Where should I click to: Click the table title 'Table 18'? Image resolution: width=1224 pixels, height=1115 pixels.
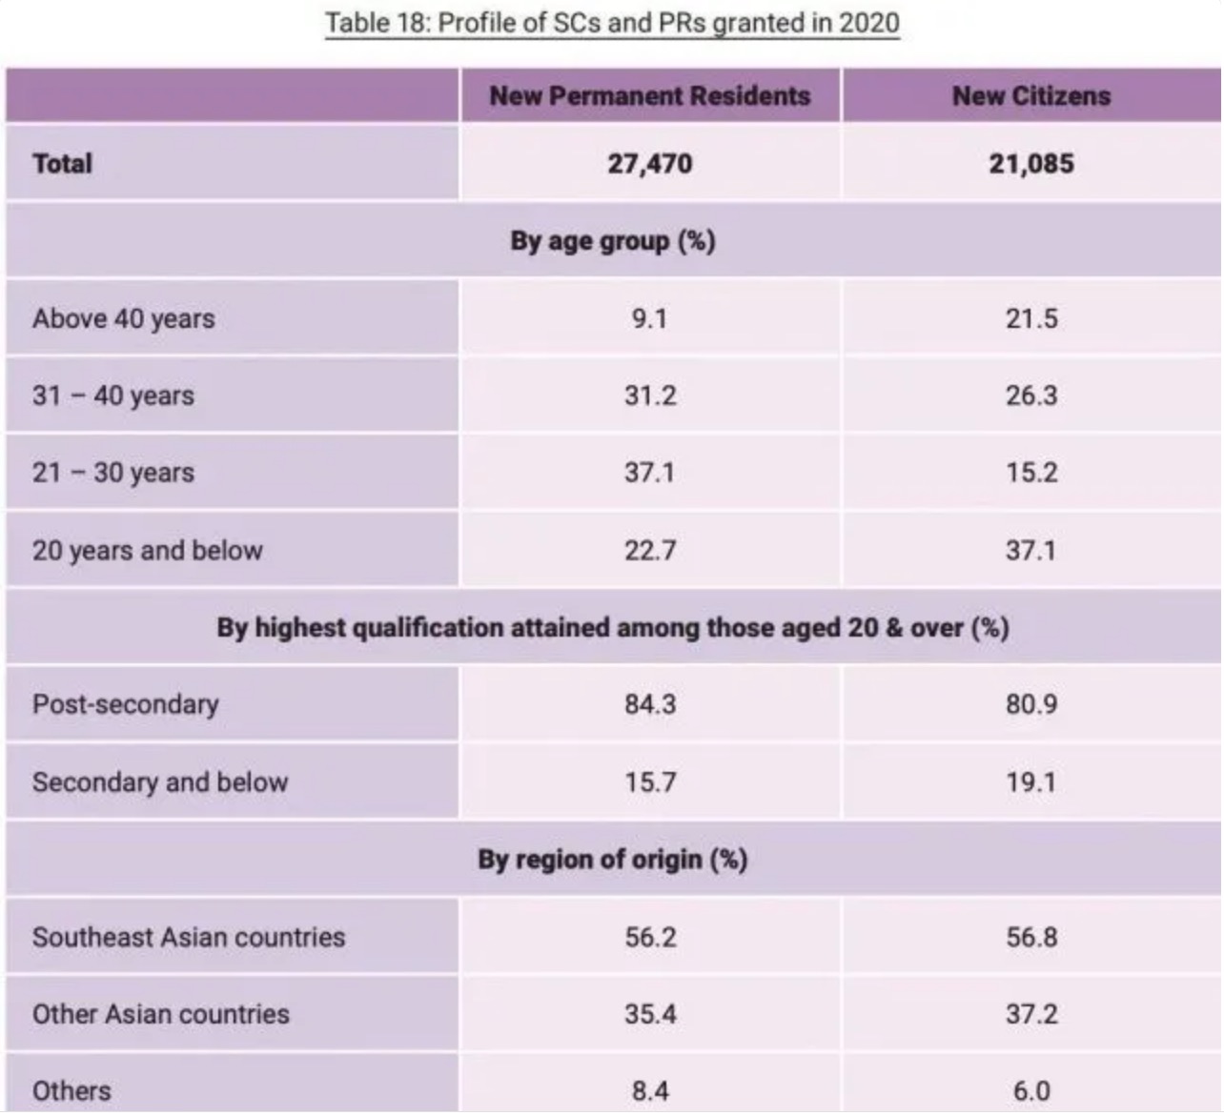(612, 23)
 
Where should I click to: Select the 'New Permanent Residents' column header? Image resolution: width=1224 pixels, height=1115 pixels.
(650, 96)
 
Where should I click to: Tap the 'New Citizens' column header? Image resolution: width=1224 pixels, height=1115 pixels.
(1031, 96)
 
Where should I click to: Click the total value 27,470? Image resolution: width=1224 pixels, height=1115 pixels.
(650, 164)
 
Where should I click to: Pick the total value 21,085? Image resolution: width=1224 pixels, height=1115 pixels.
(1031, 164)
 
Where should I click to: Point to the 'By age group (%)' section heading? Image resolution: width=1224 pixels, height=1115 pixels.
(612, 241)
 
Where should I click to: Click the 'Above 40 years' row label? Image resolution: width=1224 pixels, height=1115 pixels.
(124, 318)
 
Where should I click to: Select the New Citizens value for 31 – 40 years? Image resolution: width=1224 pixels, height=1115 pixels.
(1031, 395)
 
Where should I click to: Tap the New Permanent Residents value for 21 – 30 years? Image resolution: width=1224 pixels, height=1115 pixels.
(650, 473)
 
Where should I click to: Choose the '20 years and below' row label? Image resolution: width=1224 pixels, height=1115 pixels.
(148, 551)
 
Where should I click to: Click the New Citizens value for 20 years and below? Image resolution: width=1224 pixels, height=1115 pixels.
(1031, 551)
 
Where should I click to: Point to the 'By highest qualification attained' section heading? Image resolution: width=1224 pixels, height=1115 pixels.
(612, 628)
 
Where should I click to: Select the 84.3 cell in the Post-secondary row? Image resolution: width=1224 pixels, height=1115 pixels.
(650, 705)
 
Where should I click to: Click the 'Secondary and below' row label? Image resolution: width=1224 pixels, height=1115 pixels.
(160, 782)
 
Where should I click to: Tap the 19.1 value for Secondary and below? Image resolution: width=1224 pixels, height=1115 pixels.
(1031, 782)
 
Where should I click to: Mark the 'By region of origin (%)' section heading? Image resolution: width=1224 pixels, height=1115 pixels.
(612, 860)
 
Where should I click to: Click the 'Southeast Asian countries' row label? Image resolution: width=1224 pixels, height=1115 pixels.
(189, 938)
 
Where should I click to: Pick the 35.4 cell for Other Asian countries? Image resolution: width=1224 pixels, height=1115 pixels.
(650, 1014)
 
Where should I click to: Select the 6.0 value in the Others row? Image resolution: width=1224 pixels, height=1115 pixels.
(1031, 1091)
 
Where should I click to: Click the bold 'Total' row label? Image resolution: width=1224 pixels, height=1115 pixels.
(63, 164)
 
